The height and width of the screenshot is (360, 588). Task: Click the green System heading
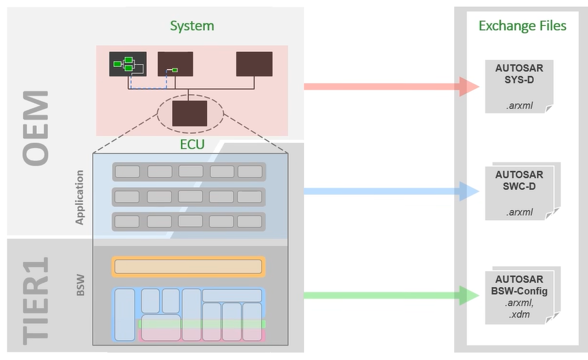pyautogui.click(x=192, y=26)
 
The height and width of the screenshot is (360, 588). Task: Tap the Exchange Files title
pyautogui.click(x=522, y=25)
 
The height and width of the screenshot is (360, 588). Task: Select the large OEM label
pyautogui.click(x=36, y=128)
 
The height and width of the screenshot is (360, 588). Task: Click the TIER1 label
pyautogui.click(x=36, y=301)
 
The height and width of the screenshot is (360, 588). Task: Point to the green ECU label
pyautogui.click(x=192, y=144)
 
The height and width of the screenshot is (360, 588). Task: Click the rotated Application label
pyautogui.click(x=79, y=197)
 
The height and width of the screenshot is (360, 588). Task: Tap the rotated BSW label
pyautogui.click(x=81, y=285)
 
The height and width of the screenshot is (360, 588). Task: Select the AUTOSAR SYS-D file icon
pyautogui.click(x=520, y=86)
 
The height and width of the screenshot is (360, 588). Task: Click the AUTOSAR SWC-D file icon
pyautogui.click(x=522, y=192)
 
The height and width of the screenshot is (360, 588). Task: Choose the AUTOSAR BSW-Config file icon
pyautogui.click(x=522, y=296)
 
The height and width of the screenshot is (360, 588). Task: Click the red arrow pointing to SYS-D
pyautogui.click(x=391, y=87)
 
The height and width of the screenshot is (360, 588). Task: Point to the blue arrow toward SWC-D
pyautogui.click(x=391, y=191)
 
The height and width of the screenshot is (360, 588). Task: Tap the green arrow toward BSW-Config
pyautogui.click(x=391, y=296)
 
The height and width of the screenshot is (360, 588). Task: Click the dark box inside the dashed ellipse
pyautogui.click(x=189, y=113)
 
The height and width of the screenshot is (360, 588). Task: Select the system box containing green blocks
pyautogui.click(x=128, y=64)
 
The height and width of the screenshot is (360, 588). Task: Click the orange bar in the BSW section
pyautogui.click(x=188, y=267)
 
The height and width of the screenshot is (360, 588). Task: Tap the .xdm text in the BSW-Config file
pyautogui.click(x=520, y=314)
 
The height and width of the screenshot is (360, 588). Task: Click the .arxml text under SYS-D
pyautogui.click(x=520, y=106)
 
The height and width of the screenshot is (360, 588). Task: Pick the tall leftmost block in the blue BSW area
pyautogui.click(x=125, y=315)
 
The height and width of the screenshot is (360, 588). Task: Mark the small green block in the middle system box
pyautogui.click(x=174, y=70)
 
